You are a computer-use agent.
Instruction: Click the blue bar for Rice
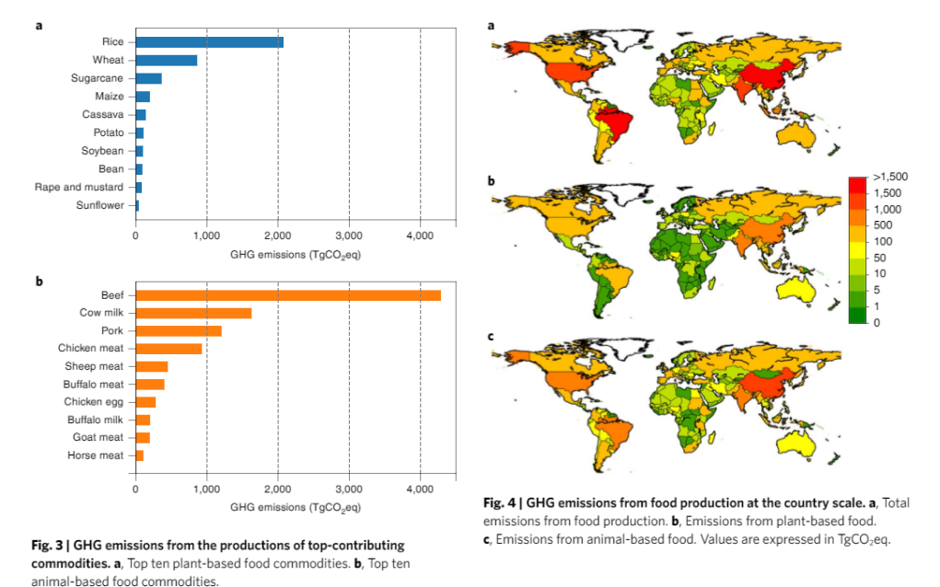tap(209, 42)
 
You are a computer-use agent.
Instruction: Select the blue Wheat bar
tap(166, 60)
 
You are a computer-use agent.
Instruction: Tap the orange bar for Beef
tap(287, 295)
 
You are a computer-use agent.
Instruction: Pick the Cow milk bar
tap(193, 313)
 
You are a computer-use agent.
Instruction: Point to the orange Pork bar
tap(179, 330)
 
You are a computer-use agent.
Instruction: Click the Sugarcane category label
tap(97, 78)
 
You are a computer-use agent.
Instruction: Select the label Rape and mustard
tap(79, 187)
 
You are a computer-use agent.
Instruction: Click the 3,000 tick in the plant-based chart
tap(349, 236)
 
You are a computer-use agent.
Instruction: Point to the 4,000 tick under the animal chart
tap(420, 488)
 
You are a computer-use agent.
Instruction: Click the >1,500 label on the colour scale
tap(890, 177)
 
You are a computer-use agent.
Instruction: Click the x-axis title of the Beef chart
tap(295, 507)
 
